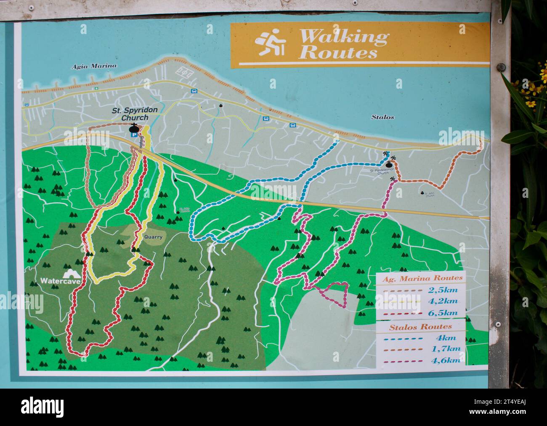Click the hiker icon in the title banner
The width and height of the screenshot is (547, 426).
271,44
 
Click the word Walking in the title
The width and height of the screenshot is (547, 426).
343,37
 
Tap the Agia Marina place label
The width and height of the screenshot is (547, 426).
94,66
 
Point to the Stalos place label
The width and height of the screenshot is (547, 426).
382,117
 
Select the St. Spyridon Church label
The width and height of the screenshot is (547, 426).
135,114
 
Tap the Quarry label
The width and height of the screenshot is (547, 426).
153,237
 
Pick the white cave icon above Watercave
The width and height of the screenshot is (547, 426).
72,273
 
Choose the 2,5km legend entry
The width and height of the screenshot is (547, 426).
443,290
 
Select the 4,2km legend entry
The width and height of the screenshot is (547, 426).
443,301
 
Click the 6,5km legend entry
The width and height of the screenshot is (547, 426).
443,313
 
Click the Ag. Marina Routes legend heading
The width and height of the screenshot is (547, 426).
422,278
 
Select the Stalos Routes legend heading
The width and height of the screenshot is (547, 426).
415,326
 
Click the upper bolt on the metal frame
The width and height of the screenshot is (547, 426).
500,67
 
